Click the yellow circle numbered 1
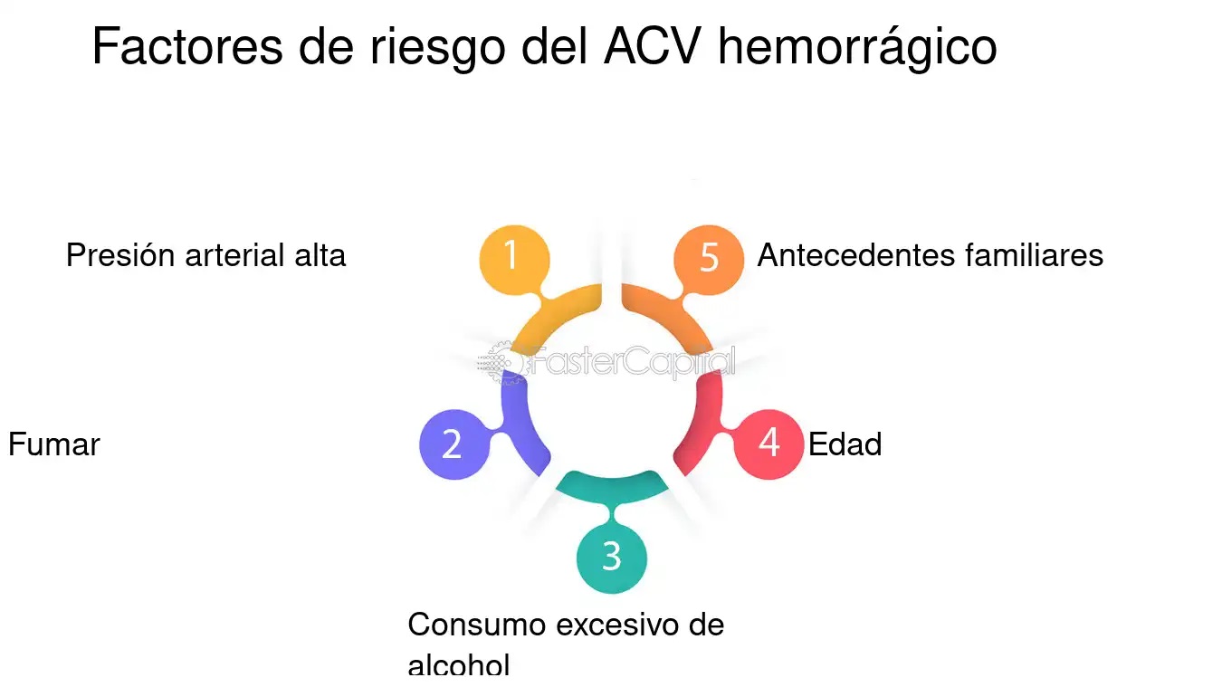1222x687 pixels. pyautogui.click(x=514, y=261)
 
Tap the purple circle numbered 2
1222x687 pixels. pyautogui.click(x=454, y=444)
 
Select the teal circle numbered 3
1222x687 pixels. pyautogui.click(x=612, y=558)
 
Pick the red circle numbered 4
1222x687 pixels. pyautogui.click(x=769, y=444)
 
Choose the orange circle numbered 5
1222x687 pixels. pyautogui.click(x=709, y=261)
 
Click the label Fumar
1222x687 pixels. pyautogui.click(x=54, y=444)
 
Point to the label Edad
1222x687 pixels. pyautogui.click(x=845, y=444)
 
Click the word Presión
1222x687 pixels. pyautogui.click(x=120, y=255)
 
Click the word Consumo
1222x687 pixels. pyautogui.click(x=477, y=625)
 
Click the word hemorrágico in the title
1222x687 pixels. pyautogui.click(x=857, y=48)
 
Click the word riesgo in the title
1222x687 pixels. pyautogui.click(x=437, y=49)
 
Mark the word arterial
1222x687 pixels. pyautogui.click(x=234, y=255)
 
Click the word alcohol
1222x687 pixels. pyautogui.click(x=459, y=665)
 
